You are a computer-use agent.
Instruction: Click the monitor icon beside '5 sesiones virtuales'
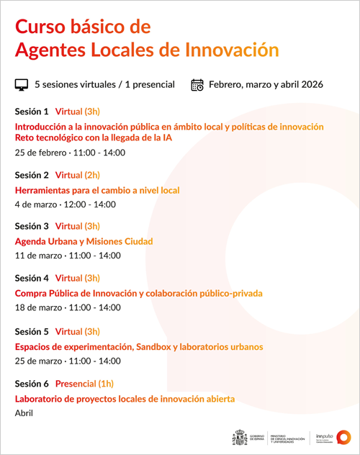click(22, 85)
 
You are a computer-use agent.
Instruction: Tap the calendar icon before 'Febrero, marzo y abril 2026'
click(197, 85)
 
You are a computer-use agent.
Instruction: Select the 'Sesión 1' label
click(32, 112)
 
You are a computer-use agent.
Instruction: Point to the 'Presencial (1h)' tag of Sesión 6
click(84, 384)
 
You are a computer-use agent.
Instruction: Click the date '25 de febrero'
click(40, 153)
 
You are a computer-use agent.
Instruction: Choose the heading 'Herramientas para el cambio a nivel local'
click(97, 190)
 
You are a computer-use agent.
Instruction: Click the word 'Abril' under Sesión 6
click(24, 413)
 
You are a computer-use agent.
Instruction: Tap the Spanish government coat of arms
click(240, 437)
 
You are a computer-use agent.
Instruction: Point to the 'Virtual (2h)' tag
click(77, 175)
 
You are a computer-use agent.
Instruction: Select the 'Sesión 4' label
click(32, 278)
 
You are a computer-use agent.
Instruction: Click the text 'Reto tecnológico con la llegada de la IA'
click(94, 138)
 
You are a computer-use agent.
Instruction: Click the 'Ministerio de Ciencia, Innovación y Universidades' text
click(287, 438)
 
